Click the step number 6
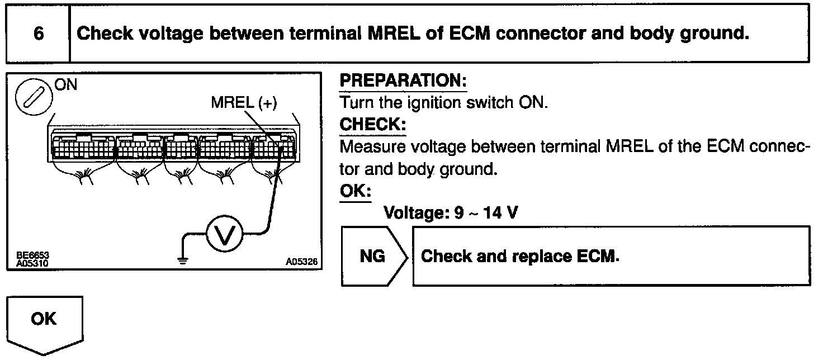tap(38, 34)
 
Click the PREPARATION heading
tap(403, 81)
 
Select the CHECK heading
tap(372, 124)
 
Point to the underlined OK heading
tap(355, 191)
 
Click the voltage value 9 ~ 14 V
tap(486, 212)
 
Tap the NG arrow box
tap(372, 257)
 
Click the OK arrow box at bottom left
tap(44, 320)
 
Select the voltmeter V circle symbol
tap(225, 235)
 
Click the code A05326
tap(301, 262)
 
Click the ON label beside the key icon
tap(66, 85)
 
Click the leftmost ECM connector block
tap(82, 148)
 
